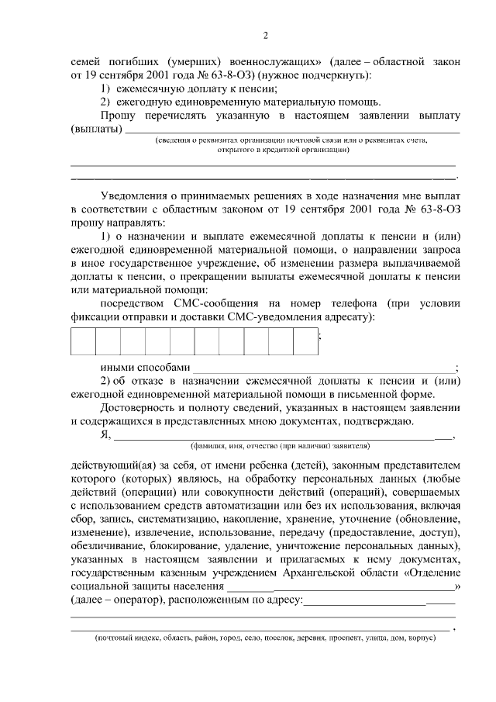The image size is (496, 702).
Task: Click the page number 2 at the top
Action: [265, 35]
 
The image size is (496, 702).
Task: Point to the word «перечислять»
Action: [171, 116]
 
